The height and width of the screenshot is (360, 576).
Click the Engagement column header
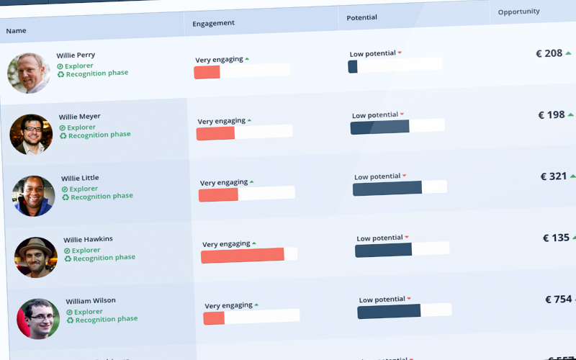(x=213, y=24)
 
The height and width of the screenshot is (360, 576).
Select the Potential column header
(x=362, y=17)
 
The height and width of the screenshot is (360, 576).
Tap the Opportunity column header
(x=518, y=12)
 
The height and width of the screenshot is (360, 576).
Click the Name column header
(x=16, y=30)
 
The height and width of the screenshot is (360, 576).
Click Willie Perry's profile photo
(x=29, y=73)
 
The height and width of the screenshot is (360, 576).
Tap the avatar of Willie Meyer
(x=31, y=134)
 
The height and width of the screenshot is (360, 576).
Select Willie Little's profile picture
(x=33, y=196)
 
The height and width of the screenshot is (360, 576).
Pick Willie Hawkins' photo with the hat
(x=36, y=257)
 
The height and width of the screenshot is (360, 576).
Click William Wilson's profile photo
(x=38, y=318)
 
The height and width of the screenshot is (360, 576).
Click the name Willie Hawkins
(x=88, y=240)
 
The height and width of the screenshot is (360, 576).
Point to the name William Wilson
(x=91, y=301)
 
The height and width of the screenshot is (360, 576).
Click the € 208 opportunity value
(x=549, y=53)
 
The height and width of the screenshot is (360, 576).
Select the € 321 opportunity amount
(x=554, y=176)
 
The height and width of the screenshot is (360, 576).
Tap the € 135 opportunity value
(x=556, y=238)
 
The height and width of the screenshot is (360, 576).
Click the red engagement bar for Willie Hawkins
(x=243, y=256)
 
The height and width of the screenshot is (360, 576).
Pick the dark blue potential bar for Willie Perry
(x=353, y=66)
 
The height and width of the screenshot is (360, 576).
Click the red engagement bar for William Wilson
(x=214, y=318)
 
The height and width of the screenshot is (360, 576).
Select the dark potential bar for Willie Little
(x=387, y=188)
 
